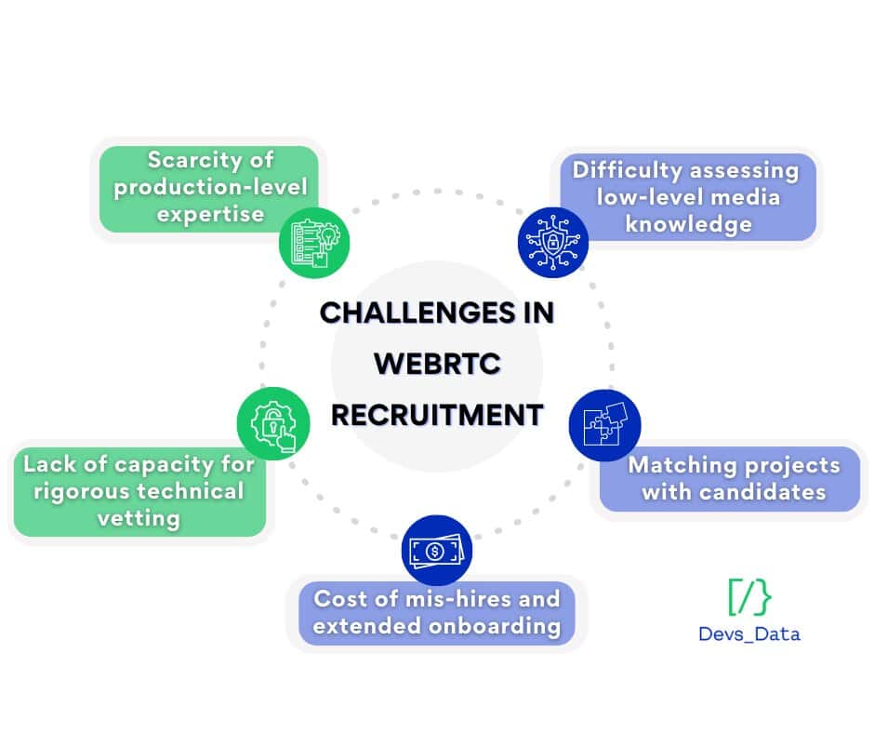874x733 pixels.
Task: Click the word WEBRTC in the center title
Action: [x=436, y=364]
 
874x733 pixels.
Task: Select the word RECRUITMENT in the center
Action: [x=437, y=414]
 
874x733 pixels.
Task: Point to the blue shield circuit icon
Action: [x=552, y=242]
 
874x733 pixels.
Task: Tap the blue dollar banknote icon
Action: [x=436, y=551]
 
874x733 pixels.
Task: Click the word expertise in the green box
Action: [x=210, y=214]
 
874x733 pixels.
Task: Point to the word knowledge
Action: [x=687, y=224]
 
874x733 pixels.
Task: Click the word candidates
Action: [x=760, y=491]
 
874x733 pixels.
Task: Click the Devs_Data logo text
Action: [x=748, y=634]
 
